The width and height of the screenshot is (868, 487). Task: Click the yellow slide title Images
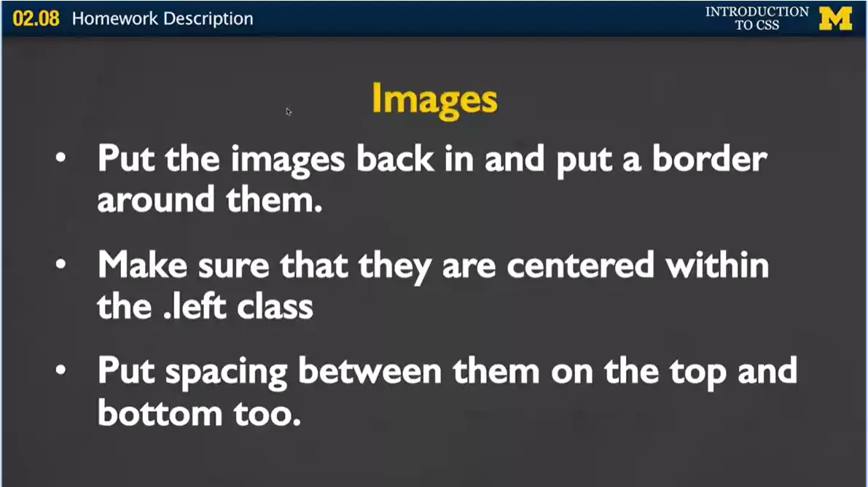[434, 100]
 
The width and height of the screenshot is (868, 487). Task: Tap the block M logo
[835, 18]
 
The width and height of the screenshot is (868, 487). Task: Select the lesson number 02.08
[35, 19]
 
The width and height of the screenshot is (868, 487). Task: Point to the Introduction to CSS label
[756, 18]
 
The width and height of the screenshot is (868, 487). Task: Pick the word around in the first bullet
[156, 200]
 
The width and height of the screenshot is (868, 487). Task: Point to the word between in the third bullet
[374, 372]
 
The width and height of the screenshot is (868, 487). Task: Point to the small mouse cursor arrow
[289, 112]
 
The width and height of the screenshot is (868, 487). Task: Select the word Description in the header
[208, 19]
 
